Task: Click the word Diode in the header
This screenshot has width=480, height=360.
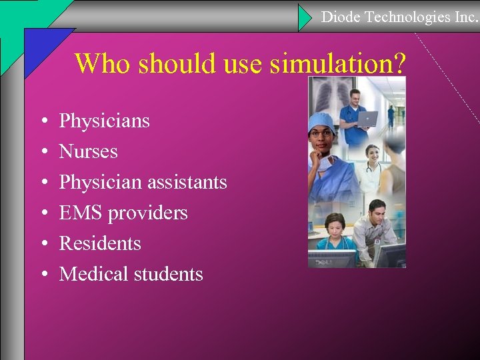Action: (x=339, y=17)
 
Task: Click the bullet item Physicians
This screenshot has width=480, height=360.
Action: (x=105, y=121)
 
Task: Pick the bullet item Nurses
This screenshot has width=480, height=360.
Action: (x=88, y=151)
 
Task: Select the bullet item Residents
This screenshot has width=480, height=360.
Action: (x=100, y=243)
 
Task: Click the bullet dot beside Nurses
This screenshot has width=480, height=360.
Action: (x=43, y=152)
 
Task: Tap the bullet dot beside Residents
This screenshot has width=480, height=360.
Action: (x=43, y=244)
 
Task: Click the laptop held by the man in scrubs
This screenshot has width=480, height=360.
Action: (x=367, y=119)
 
